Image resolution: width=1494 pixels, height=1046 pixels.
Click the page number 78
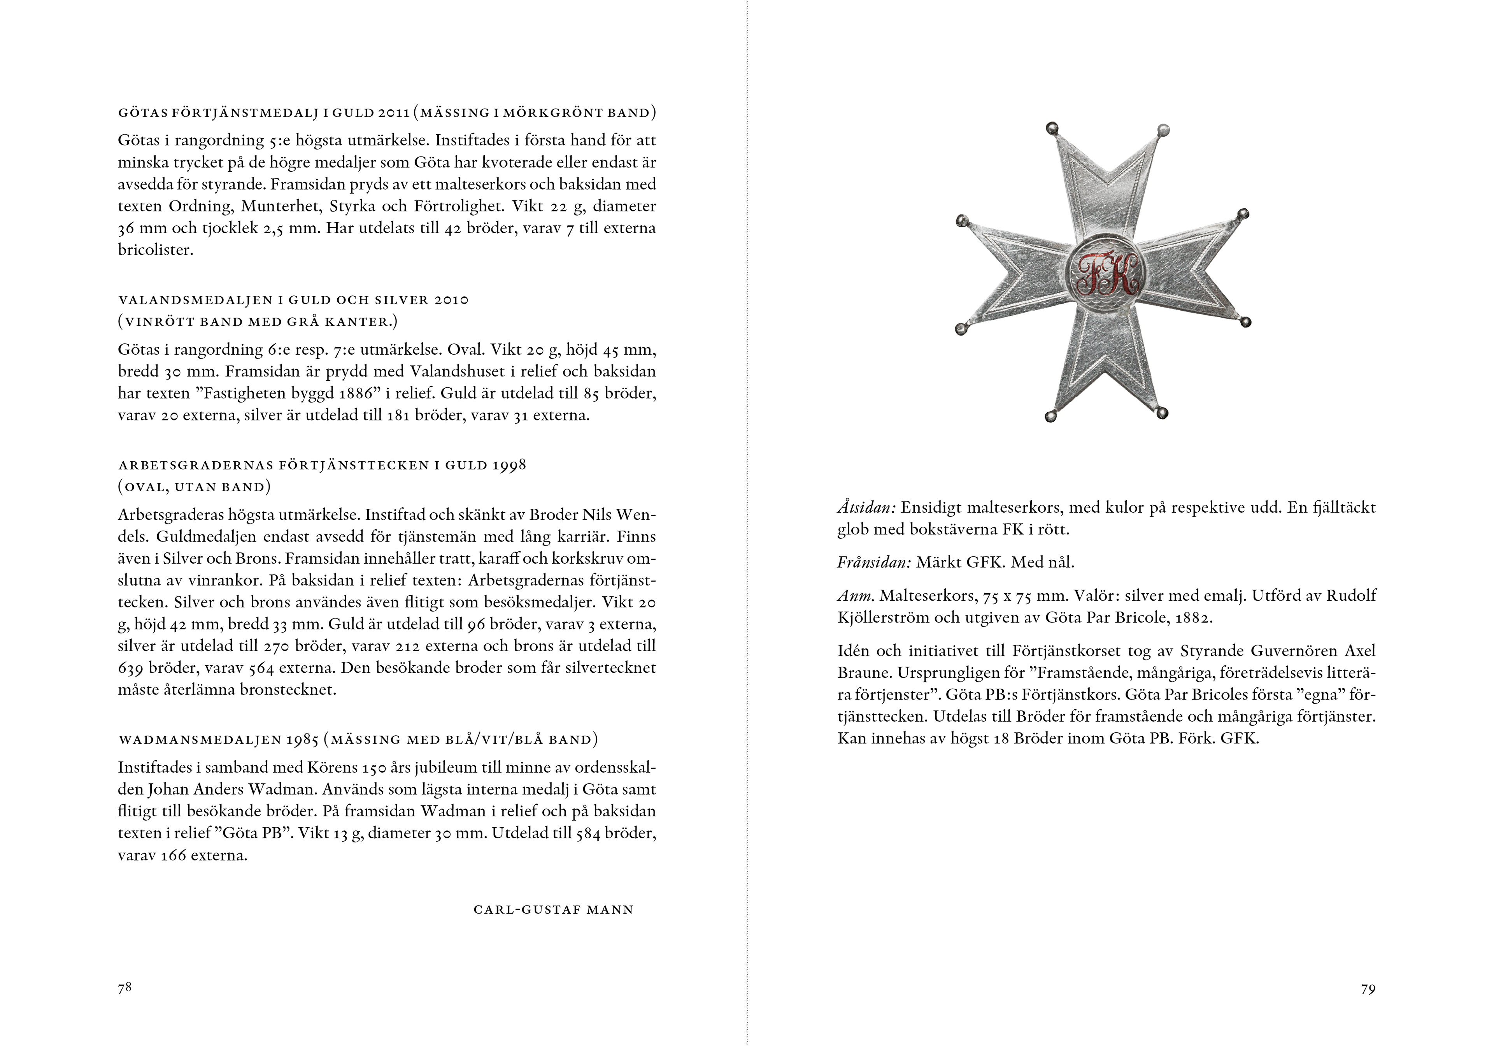pyautogui.click(x=124, y=988)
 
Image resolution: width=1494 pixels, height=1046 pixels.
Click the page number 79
pyautogui.click(x=1368, y=990)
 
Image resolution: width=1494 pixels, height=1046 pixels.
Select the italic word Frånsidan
pyautogui.click(x=873, y=563)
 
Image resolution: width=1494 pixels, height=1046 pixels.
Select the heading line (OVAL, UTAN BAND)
pyautogui.click(x=194, y=487)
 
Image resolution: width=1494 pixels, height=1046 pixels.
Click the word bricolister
pyautogui.click(x=155, y=250)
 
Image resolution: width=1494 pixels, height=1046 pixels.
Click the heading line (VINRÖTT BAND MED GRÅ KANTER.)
pyautogui.click(x=258, y=322)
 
